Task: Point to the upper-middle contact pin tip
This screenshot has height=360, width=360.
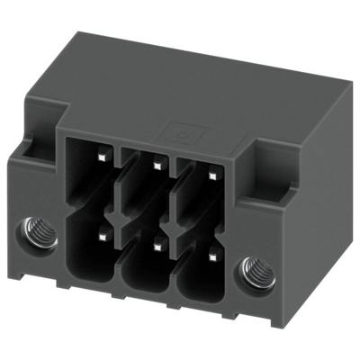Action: pyautogui.click(x=157, y=165)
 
